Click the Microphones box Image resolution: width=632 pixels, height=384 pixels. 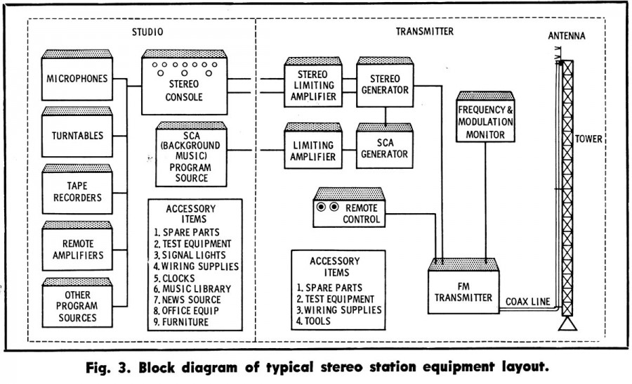77,78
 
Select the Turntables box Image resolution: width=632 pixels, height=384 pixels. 77,135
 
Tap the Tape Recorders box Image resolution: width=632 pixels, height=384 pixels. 77,192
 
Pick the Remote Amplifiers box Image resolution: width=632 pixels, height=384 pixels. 77,249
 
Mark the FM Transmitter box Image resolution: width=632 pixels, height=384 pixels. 465,291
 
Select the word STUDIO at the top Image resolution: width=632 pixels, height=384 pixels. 147,32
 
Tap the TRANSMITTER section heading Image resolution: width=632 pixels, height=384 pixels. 424,32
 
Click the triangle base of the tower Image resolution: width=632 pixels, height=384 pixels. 567,324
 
